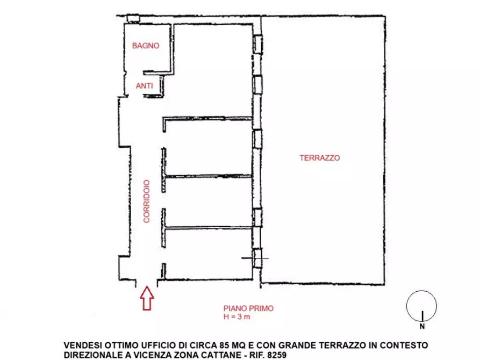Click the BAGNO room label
(x=146, y=46)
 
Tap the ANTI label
(x=144, y=85)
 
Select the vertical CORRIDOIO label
(x=146, y=201)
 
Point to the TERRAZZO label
(x=320, y=158)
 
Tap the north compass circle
(x=421, y=305)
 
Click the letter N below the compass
(x=422, y=326)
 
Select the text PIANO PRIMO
(x=248, y=308)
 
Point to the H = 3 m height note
(x=237, y=316)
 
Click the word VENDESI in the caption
(x=82, y=344)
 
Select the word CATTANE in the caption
(x=220, y=355)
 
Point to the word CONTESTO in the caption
(x=405, y=344)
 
